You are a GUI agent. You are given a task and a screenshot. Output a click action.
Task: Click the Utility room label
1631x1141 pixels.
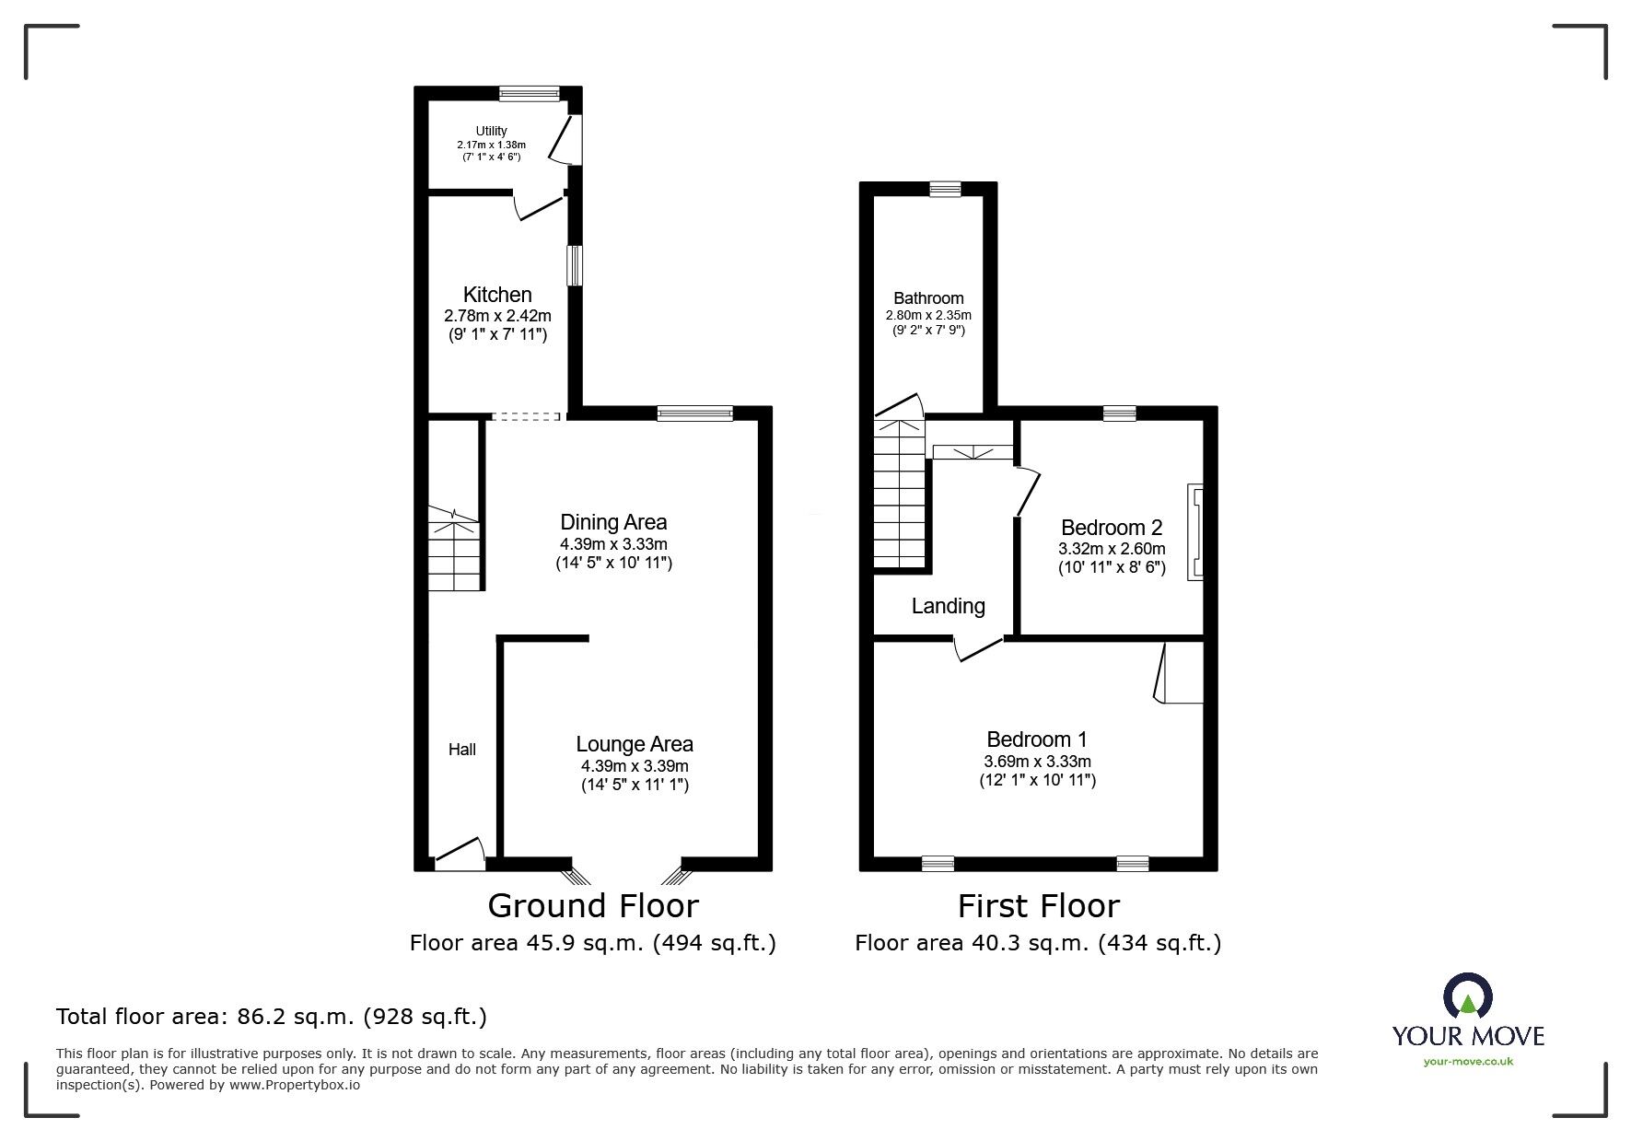pyautogui.click(x=491, y=132)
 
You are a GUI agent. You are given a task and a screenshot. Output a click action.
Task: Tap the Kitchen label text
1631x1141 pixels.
pyautogui.click(x=497, y=295)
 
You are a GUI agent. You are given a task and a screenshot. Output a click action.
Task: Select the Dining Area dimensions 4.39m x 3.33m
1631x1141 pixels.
pyautogui.click(x=613, y=543)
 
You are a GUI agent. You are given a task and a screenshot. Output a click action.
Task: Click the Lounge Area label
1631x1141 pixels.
pyautogui.click(x=635, y=744)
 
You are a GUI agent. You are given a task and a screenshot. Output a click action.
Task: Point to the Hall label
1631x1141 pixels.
pyautogui.click(x=462, y=750)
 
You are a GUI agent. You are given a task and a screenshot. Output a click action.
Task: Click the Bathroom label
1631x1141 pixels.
pyautogui.click(x=928, y=298)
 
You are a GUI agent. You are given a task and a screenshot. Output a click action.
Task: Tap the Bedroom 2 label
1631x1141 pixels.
pyautogui.click(x=1112, y=528)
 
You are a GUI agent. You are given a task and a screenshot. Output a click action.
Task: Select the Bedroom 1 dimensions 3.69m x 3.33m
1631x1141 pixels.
pyautogui.click(x=1037, y=762)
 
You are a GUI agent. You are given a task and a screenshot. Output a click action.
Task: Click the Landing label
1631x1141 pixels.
pyautogui.click(x=948, y=606)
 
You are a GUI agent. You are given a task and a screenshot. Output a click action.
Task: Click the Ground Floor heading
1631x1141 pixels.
pyautogui.click(x=593, y=906)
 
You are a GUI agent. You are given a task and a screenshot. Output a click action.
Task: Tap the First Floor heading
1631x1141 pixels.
pyautogui.click(x=1038, y=906)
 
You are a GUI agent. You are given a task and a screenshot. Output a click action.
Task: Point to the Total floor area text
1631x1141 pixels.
pyautogui.click(x=272, y=1017)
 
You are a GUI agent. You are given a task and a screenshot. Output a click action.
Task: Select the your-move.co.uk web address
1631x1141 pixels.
pyautogui.click(x=1468, y=1062)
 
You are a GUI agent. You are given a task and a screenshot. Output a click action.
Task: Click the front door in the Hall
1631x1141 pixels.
pyautogui.click(x=460, y=856)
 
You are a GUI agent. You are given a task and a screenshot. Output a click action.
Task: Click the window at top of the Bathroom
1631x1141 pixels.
pyautogui.click(x=945, y=189)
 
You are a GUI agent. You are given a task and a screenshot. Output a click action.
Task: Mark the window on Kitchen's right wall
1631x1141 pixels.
pyautogui.click(x=575, y=265)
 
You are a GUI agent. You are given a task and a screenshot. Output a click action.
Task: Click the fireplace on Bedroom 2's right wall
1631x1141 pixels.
pyautogui.click(x=1195, y=531)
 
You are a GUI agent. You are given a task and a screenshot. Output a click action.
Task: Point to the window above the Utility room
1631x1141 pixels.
pyautogui.click(x=530, y=92)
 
